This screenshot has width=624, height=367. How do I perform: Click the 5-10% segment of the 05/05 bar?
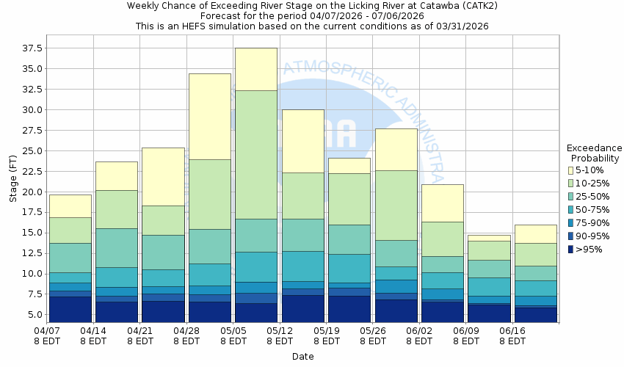click(256, 69)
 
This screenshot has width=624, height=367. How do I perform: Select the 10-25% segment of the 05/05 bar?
click(256, 154)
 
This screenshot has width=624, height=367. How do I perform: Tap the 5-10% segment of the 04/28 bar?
click(209, 116)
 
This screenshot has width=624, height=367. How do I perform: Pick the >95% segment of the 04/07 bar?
click(70, 309)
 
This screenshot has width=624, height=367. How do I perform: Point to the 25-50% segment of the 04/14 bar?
click(117, 247)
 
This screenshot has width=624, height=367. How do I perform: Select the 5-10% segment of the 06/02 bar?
click(443, 203)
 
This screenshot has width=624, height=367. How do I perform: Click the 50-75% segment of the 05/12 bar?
click(302, 266)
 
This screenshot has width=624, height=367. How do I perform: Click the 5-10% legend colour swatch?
click(570, 170)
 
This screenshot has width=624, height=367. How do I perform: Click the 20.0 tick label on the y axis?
click(32, 192)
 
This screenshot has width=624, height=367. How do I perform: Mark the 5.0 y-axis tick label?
click(35, 315)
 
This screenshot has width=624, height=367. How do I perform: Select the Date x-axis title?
click(302, 357)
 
